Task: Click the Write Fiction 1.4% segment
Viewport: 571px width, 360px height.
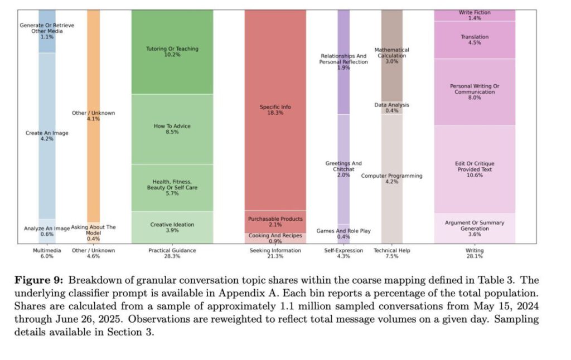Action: pyautogui.click(x=475, y=15)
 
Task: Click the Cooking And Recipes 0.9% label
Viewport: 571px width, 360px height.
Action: pyautogui.click(x=275, y=239)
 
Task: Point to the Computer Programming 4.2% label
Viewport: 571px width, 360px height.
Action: pyautogui.click(x=392, y=178)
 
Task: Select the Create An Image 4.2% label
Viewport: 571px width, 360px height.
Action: pyautogui.click(x=47, y=136)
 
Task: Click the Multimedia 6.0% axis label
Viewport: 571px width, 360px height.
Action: pyautogui.click(x=47, y=254)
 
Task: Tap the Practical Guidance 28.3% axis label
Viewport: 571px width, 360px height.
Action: pyautogui.click(x=172, y=254)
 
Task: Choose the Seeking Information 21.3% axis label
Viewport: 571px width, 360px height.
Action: pyautogui.click(x=275, y=254)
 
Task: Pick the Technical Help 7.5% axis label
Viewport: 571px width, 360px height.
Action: pyautogui.click(x=392, y=254)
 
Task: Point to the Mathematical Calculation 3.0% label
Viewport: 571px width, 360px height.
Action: pyautogui.click(x=392, y=56)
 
